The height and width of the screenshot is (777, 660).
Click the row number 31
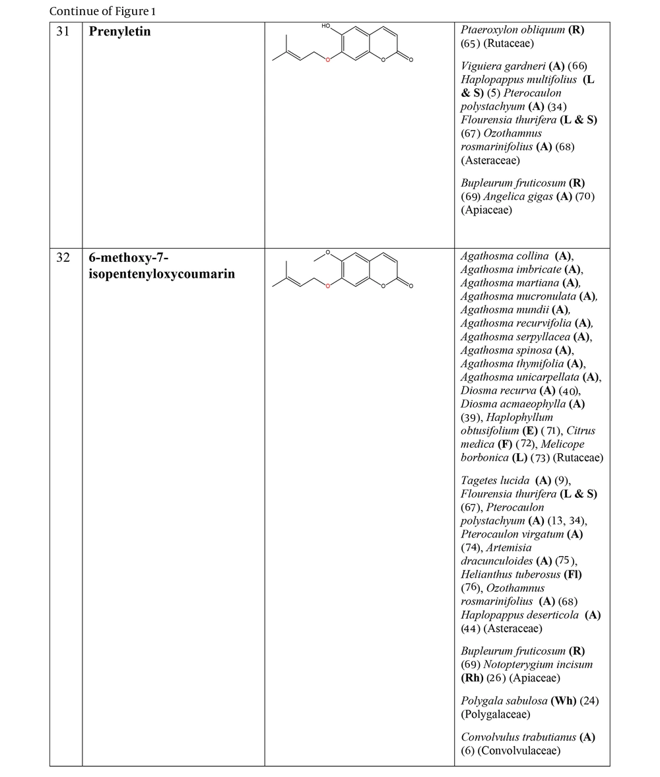[x=63, y=31]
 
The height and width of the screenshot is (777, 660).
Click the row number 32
[x=63, y=257]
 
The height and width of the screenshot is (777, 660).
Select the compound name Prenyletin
[x=119, y=31]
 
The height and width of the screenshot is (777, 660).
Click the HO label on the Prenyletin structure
[x=327, y=26]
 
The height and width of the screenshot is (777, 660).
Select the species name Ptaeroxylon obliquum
[x=513, y=30]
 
